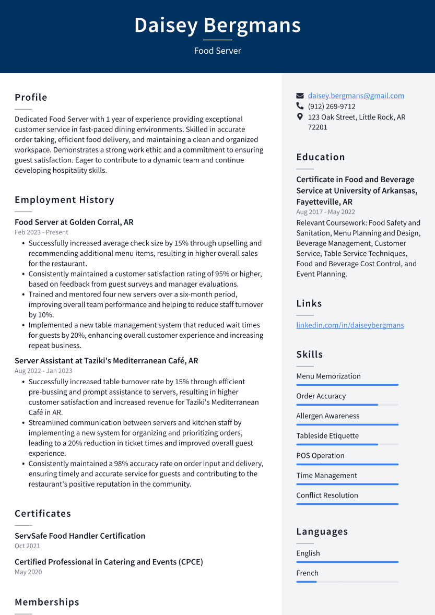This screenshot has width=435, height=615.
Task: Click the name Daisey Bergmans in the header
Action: tap(217, 25)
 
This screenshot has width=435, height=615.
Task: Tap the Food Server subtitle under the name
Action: tap(217, 51)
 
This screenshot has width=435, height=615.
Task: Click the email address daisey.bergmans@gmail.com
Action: tap(356, 96)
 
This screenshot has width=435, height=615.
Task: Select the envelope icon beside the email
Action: tap(300, 96)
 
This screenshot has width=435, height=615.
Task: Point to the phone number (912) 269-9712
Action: tap(332, 107)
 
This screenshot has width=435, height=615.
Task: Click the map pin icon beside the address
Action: tap(300, 117)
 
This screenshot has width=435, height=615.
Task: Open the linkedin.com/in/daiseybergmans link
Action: tap(350, 325)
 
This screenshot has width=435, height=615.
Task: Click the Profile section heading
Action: tap(31, 98)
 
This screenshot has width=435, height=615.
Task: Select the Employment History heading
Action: tap(64, 200)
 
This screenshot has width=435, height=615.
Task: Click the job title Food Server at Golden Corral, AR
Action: tap(74, 222)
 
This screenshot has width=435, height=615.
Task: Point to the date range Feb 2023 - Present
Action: tap(41, 232)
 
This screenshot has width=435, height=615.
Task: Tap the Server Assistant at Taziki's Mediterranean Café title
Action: tap(106, 361)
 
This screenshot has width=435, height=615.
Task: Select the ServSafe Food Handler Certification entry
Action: tap(80, 536)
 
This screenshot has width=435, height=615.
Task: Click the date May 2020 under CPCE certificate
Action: tap(28, 572)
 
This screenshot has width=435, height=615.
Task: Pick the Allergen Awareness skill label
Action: tap(327, 416)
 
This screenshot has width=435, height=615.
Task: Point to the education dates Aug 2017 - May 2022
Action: tap(325, 212)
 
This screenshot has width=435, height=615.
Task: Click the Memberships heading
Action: tap(47, 602)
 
